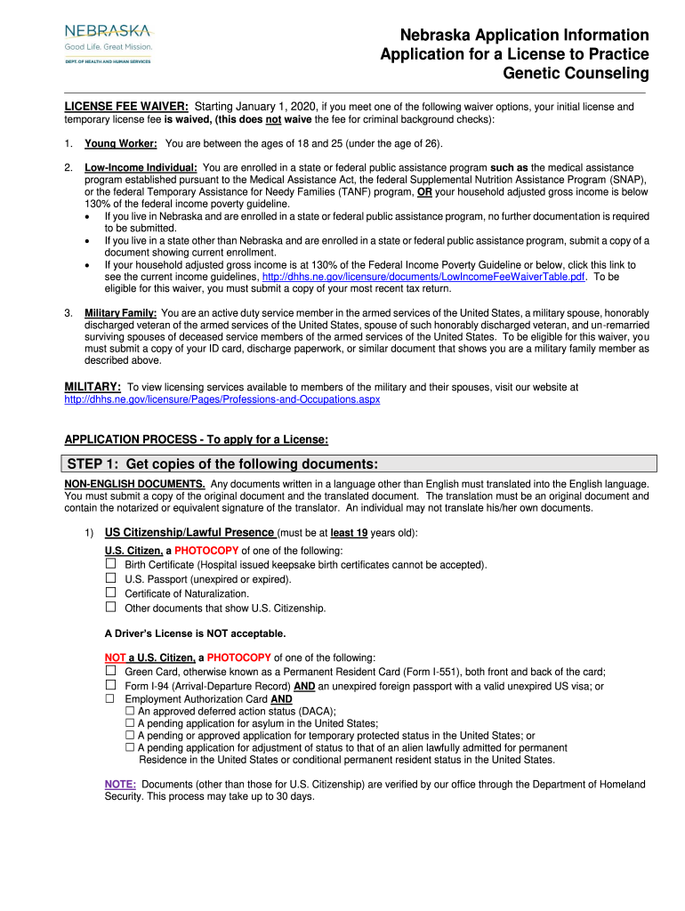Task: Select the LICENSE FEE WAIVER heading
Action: point(125,107)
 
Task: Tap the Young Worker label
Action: point(121,144)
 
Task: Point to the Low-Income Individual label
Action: point(141,167)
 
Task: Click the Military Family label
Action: point(121,312)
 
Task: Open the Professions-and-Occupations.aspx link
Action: point(222,399)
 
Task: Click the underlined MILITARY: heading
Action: point(93,387)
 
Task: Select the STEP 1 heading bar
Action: point(360,464)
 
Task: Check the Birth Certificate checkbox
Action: point(111,564)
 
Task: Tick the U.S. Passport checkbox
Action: point(111,578)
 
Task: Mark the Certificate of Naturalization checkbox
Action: point(111,593)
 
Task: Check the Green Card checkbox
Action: point(111,671)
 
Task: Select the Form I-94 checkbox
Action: point(111,685)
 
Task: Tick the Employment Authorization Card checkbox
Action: point(111,699)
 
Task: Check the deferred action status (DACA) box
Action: point(130,711)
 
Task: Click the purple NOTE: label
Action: point(120,785)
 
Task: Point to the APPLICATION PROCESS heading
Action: point(197,439)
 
